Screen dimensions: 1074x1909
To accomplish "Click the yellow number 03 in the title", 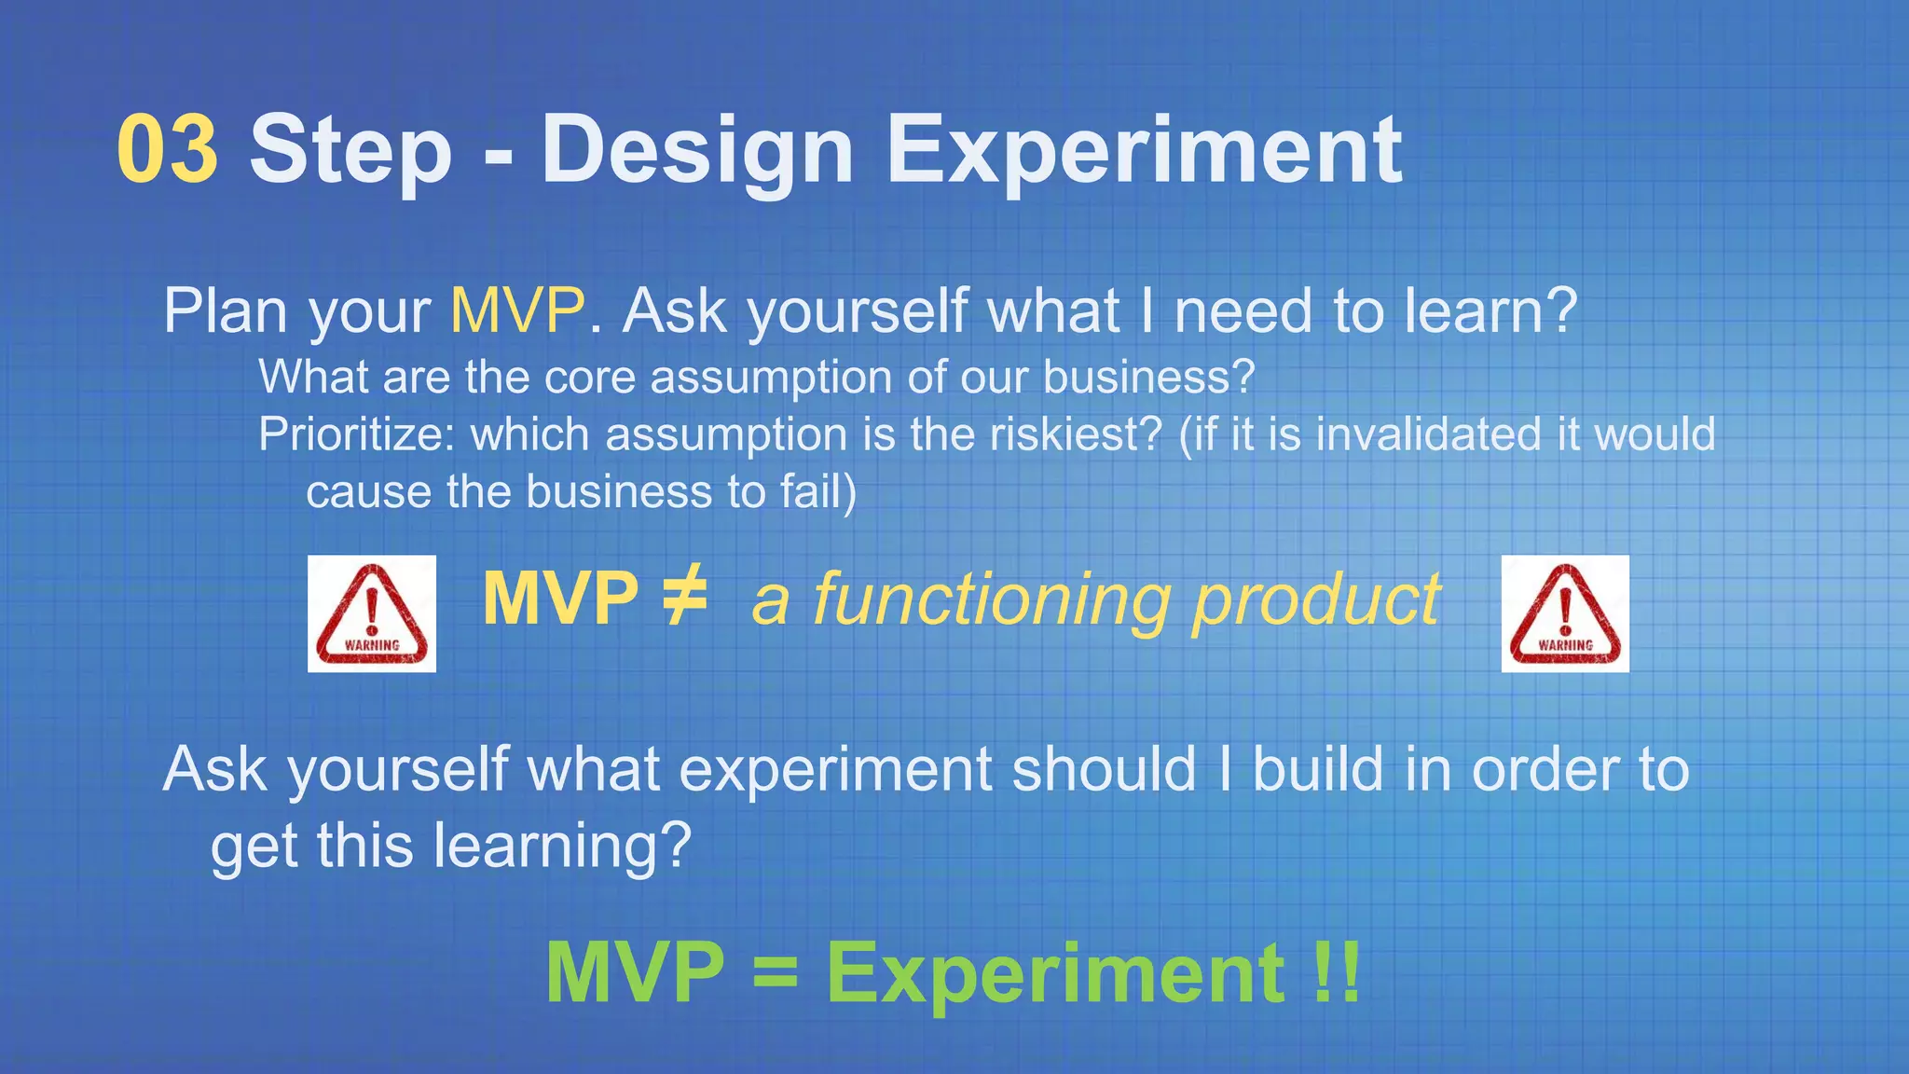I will point(168,149).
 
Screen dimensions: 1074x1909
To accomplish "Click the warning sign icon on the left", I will point(372,613).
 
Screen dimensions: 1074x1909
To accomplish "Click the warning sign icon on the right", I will point(1565,613).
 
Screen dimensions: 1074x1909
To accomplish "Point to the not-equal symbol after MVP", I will point(684,598).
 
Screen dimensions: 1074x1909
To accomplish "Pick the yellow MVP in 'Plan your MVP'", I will point(518,310).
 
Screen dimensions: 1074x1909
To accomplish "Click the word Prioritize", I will point(356,434).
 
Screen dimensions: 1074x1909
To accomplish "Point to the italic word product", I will point(1317,599).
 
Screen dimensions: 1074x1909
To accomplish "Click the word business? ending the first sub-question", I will point(1148,377).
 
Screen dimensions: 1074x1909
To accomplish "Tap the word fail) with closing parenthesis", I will point(818,492).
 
